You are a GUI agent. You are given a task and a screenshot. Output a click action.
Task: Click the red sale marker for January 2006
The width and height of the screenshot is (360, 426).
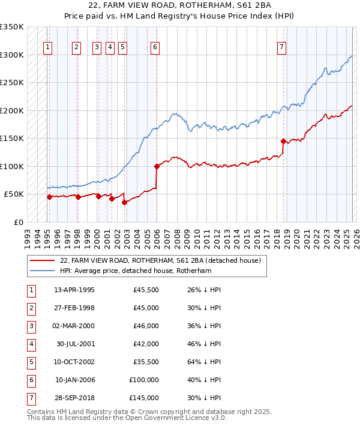[x=157, y=166]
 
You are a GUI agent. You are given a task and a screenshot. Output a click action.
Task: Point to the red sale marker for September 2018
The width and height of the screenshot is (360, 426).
[x=283, y=142]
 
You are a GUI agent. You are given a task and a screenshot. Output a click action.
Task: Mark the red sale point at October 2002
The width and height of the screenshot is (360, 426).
[x=124, y=202]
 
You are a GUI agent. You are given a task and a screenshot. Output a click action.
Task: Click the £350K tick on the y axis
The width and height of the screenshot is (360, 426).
[x=12, y=27]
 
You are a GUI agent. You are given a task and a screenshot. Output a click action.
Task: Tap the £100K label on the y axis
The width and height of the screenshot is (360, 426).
[x=12, y=166]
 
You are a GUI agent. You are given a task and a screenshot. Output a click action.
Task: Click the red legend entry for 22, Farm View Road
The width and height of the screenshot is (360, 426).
[x=160, y=260]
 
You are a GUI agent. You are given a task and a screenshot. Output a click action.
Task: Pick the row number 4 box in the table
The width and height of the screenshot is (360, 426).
[x=31, y=344]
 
